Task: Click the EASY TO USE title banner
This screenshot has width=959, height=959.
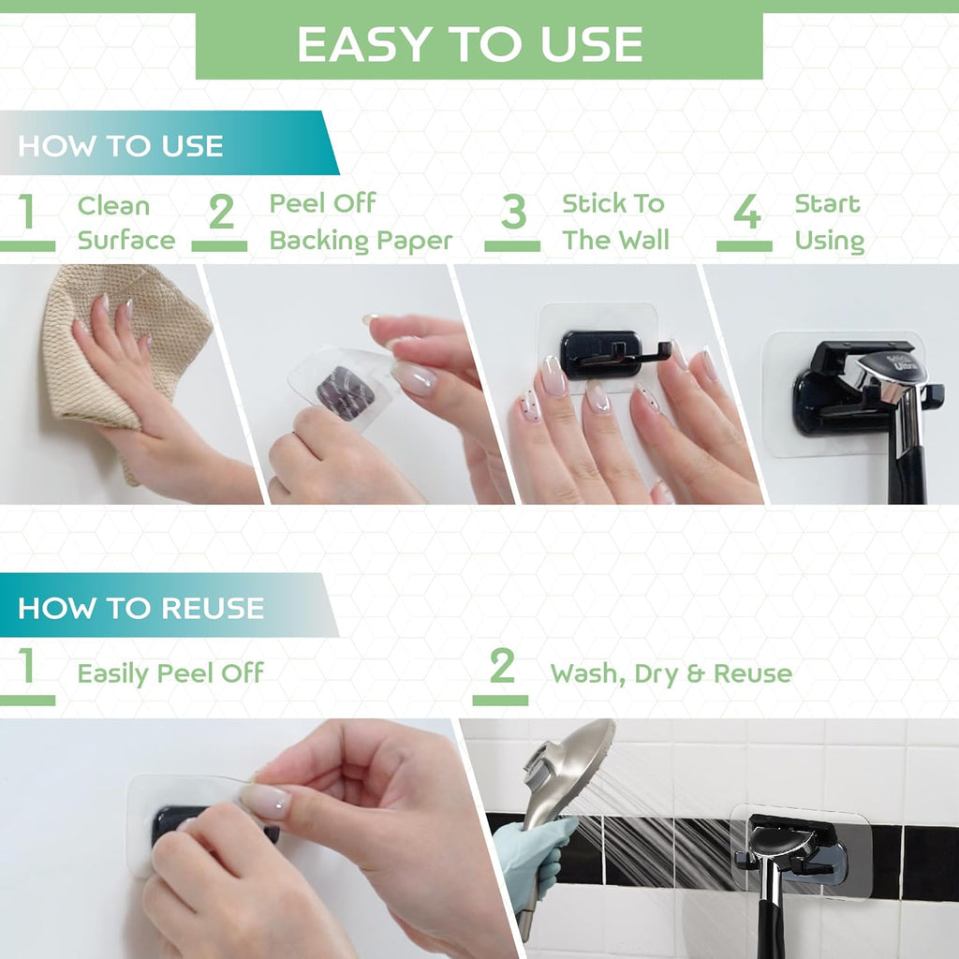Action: click(479, 45)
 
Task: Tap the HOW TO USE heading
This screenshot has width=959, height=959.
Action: click(121, 146)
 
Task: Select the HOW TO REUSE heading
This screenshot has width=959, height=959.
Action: click(140, 608)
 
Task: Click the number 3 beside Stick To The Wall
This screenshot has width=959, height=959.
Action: click(513, 213)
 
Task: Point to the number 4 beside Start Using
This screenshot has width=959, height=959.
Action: click(746, 213)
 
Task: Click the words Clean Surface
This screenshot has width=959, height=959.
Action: click(125, 223)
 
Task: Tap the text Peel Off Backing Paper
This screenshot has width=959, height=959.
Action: click(361, 222)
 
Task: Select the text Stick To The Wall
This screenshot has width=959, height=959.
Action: click(614, 222)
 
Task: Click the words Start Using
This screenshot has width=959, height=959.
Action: click(829, 222)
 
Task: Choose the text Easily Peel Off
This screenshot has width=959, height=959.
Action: click(170, 673)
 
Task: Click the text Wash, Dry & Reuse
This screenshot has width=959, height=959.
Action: click(671, 673)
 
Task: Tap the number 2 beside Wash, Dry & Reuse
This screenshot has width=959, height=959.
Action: click(502, 668)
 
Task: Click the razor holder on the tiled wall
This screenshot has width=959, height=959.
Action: click(791, 848)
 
